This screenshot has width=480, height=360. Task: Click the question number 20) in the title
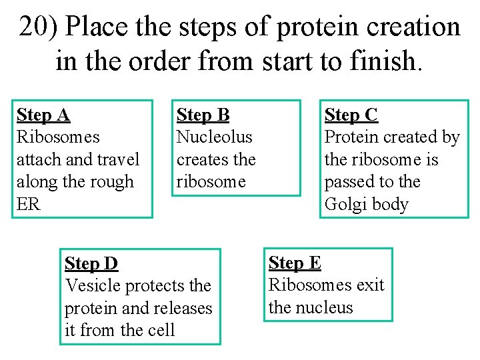[39, 27]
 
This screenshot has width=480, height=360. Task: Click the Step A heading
[43, 115]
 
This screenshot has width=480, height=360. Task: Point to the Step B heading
[203, 115]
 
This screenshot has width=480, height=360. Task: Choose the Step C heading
[351, 115]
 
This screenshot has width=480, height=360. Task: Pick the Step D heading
[91, 263]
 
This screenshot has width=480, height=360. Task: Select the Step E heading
[295, 263]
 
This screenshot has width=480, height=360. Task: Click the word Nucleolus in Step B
[214, 137]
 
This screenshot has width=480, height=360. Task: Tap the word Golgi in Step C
[343, 204]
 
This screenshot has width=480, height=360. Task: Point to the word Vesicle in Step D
[90, 285]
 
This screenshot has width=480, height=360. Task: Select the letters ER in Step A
[28, 204]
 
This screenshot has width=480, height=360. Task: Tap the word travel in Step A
[118, 160]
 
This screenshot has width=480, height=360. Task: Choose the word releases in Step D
[183, 308]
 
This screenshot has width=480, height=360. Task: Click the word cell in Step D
[163, 330]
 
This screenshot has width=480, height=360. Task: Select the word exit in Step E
[371, 285]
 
